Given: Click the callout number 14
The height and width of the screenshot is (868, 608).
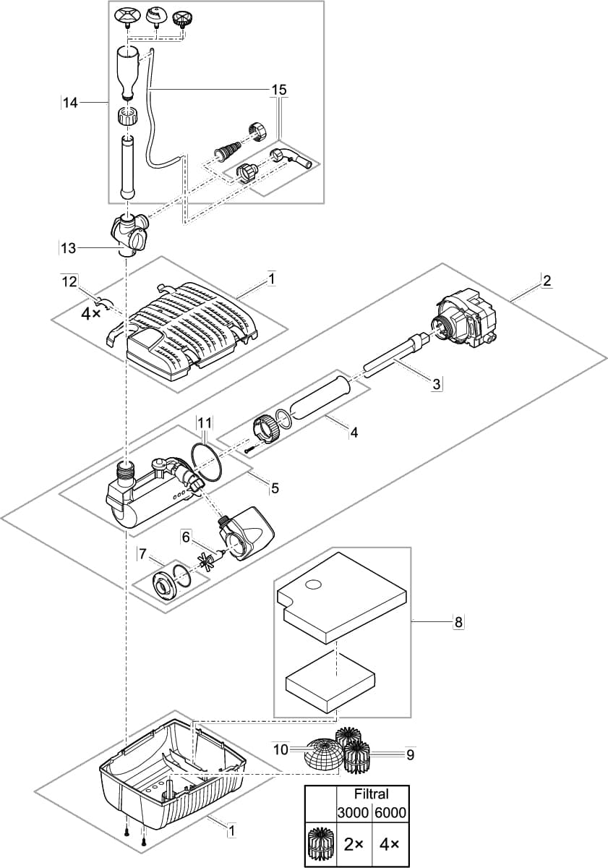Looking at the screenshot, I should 69,103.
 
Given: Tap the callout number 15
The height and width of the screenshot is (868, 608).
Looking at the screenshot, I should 278,89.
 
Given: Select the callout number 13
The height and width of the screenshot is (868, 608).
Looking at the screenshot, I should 68,248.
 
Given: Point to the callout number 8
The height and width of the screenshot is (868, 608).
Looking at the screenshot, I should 458,621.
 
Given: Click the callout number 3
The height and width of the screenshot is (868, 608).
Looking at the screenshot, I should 437,384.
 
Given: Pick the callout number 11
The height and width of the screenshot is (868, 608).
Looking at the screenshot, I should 205,422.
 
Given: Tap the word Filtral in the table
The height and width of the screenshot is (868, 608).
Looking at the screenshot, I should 371,793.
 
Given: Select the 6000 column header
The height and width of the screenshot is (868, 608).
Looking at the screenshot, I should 390,813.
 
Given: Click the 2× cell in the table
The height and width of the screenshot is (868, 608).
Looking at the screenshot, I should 354,844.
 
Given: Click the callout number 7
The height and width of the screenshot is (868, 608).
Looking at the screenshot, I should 142,554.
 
